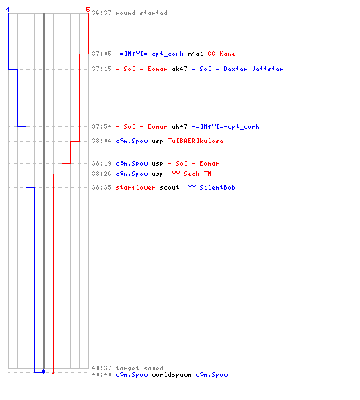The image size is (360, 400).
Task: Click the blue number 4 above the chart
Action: [x=8, y=10]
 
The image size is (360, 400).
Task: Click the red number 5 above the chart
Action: [x=88, y=10]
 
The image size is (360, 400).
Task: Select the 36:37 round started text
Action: [x=130, y=13]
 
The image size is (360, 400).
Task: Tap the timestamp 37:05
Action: [x=102, y=54]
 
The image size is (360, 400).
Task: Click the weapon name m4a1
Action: [x=195, y=54]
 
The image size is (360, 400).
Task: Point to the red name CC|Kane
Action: [x=222, y=54]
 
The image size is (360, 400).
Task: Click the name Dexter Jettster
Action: [x=254, y=69]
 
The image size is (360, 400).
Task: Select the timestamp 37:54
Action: [x=102, y=126]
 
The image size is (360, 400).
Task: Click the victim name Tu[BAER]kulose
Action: [x=195, y=141]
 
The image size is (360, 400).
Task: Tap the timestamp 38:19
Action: [x=102, y=163]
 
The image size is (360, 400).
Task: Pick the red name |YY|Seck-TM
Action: [x=190, y=174]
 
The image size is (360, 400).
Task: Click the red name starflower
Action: [x=135, y=187]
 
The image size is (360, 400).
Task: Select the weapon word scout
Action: [x=170, y=187]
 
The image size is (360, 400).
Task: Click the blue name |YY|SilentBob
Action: [x=210, y=187]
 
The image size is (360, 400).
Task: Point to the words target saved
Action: [x=139, y=368]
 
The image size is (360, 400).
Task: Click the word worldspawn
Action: [x=171, y=374]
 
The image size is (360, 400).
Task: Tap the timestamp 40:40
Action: [x=102, y=374]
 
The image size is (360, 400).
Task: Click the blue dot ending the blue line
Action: [x=44, y=371]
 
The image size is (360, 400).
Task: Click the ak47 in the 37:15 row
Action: [x=179, y=69]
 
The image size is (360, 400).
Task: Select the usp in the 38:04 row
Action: [x=158, y=142]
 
